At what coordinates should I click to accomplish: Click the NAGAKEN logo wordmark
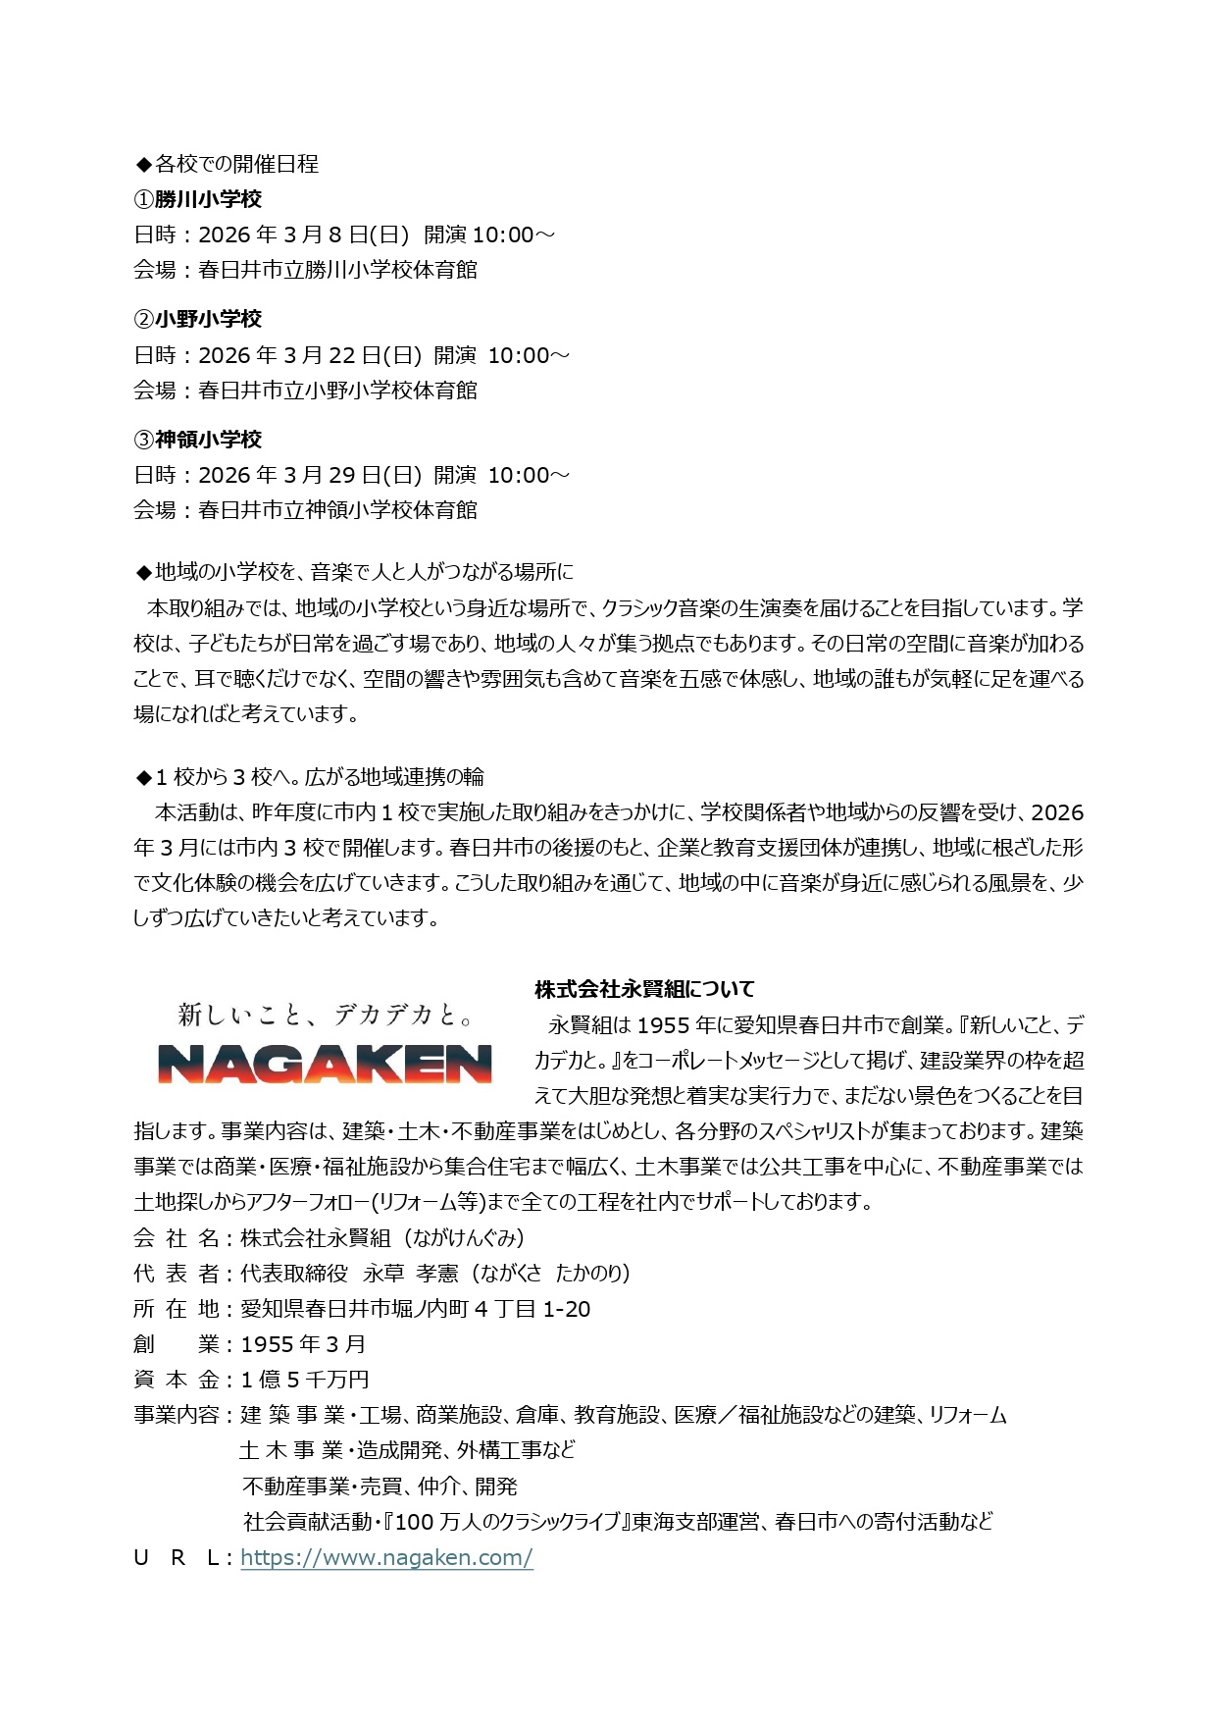click(x=325, y=1064)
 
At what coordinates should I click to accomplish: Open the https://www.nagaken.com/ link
click(x=386, y=1557)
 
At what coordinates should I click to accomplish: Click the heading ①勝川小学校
click(x=198, y=199)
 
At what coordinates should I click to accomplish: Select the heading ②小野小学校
click(x=198, y=319)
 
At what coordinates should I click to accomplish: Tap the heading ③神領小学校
click(x=198, y=440)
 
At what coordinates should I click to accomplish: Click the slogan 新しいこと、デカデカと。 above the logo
click(x=326, y=1014)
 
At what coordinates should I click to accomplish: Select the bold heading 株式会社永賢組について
click(x=644, y=989)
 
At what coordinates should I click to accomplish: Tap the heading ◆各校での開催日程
click(x=227, y=164)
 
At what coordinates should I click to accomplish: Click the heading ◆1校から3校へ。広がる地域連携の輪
click(x=310, y=777)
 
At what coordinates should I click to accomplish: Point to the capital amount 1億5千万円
click(x=305, y=1380)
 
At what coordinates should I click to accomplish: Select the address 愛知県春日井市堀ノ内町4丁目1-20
click(x=416, y=1309)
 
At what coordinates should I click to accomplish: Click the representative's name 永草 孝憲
click(x=411, y=1274)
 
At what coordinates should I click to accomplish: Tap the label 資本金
click(x=177, y=1380)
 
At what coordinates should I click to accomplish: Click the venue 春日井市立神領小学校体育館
click(x=338, y=510)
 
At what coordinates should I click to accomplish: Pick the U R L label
click(x=177, y=1557)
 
